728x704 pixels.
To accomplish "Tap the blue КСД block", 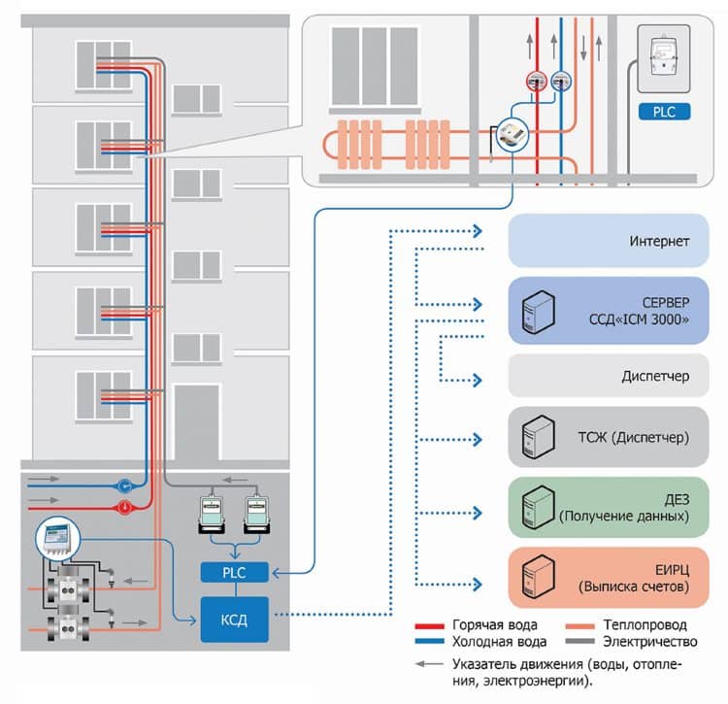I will [233, 618].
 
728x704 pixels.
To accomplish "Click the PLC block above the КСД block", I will [233, 573].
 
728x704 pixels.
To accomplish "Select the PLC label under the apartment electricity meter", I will [664, 113].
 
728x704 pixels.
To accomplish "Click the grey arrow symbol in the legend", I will [425, 665].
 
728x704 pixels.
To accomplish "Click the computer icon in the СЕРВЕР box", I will [537, 311].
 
